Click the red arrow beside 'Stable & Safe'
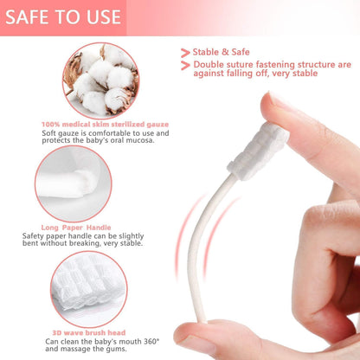tap(185, 52)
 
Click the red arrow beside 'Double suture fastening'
tap(185, 66)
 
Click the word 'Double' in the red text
tap(212, 65)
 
